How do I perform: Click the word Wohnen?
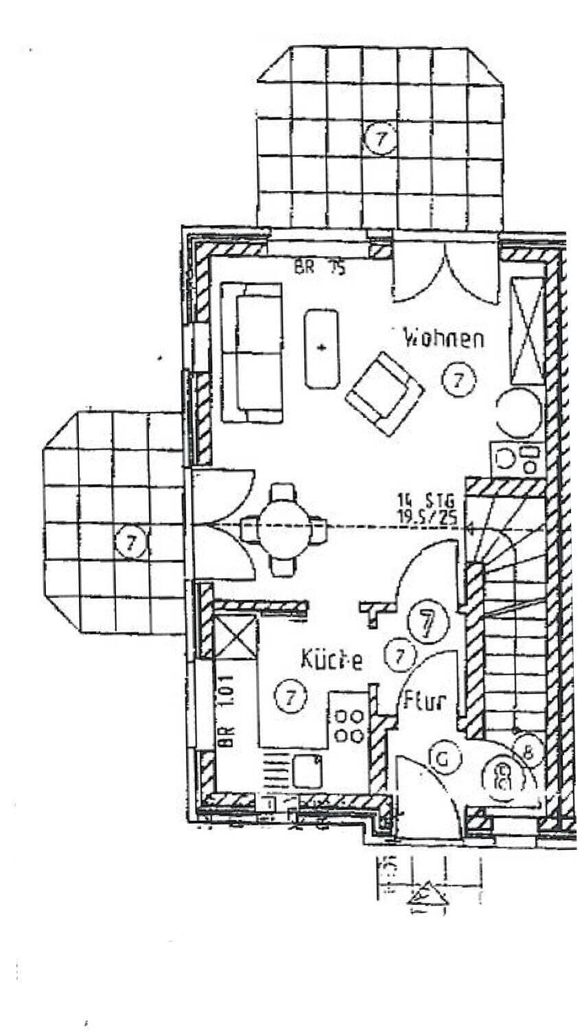pyautogui.click(x=443, y=339)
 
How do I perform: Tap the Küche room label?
pyautogui.click(x=332, y=659)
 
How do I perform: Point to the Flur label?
pyautogui.click(x=424, y=702)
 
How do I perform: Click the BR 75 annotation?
pyautogui.click(x=319, y=267)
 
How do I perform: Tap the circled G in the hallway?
pyautogui.click(x=443, y=759)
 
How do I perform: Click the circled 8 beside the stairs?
pyautogui.click(x=527, y=753)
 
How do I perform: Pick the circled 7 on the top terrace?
pyautogui.click(x=380, y=139)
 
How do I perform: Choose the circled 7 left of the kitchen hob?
pyautogui.click(x=290, y=697)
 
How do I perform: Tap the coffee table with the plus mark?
pyautogui.click(x=322, y=347)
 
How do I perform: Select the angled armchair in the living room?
pyautogui.click(x=384, y=393)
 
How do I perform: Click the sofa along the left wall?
pyautogui.click(x=251, y=352)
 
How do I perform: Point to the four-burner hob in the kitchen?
pyautogui.click(x=349, y=726)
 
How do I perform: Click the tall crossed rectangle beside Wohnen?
pyautogui.click(x=527, y=331)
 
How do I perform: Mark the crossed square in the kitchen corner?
pyautogui.click(x=235, y=639)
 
